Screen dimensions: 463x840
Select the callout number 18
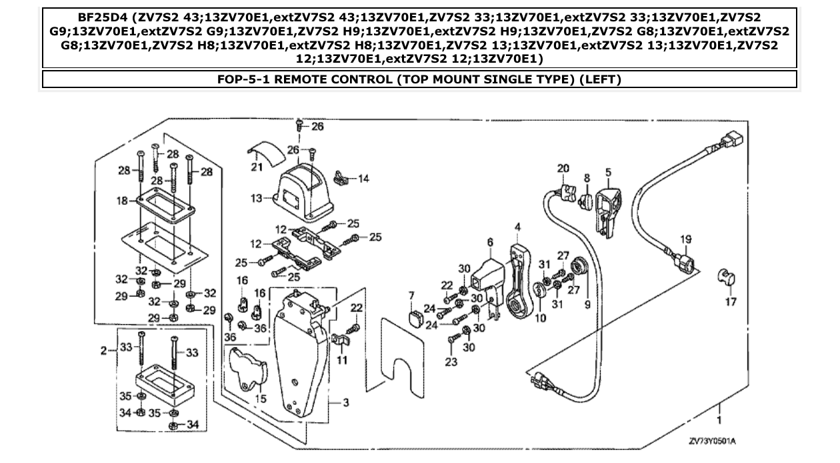pyautogui.click(x=121, y=199)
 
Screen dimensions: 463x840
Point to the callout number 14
pyautogui.click(x=363, y=179)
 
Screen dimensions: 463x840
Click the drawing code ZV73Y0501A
pyautogui.click(x=717, y=442)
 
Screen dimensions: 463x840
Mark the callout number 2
pyautogui.click(x=104, y=350)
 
